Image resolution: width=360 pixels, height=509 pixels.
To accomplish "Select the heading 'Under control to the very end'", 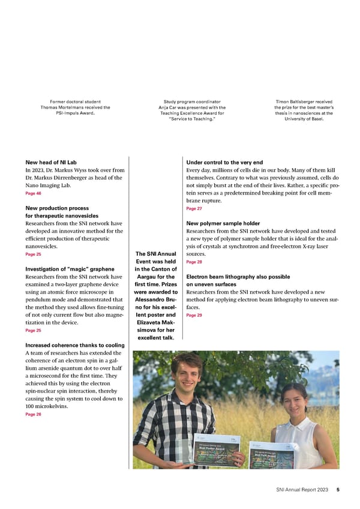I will pos(225,163).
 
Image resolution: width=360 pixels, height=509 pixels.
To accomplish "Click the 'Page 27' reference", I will pos(194,209).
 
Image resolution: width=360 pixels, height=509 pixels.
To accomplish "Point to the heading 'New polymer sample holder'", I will pos(224,223).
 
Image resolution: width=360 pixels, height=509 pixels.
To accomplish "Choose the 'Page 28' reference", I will pos(194,262).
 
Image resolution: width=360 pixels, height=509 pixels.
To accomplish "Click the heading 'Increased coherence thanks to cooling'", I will pos(74,345).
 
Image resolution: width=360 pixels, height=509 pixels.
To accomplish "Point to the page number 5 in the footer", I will pos(338,490).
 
